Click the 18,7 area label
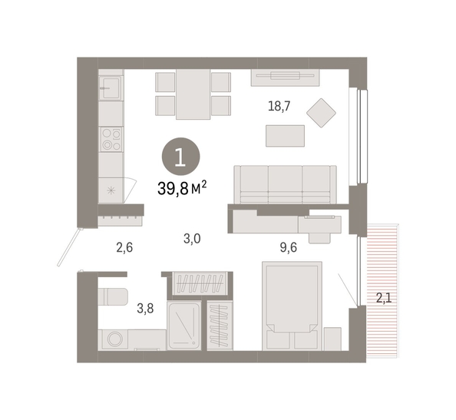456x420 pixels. [279, 106]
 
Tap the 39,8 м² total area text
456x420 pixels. [182, 188]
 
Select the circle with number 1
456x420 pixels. [181, 157]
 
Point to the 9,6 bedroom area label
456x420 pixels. [289, 247]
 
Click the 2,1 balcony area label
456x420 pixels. [384, 298]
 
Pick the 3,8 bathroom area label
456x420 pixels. [145, 309]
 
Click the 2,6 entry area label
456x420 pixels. [124, 248]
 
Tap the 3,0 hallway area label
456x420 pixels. [192, 239]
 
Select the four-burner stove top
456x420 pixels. [111, 140]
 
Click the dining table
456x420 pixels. [193, 94]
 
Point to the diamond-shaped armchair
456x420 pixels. [322, 113]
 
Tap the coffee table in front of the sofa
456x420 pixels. [285, 136]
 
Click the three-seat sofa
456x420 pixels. [286, 185]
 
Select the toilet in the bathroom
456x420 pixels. [113, 296]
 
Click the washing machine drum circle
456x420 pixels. [115, 339]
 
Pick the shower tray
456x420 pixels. [184, 326]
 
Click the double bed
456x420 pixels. [292, 306]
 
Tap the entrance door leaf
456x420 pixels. [70, 247]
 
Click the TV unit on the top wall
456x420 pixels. [286, 78]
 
